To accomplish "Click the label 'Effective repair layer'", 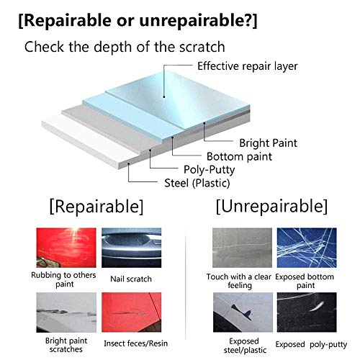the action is [248, 66].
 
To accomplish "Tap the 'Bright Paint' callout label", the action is [269, 143].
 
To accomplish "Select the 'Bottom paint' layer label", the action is [239, 156].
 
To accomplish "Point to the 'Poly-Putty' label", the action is [209, 170].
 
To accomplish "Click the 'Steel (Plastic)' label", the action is [197, 183].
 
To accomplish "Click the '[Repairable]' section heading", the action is [96, 206].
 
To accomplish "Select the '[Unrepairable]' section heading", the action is [271, 206].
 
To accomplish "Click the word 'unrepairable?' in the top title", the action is [198, 21].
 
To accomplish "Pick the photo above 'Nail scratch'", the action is [132, 248].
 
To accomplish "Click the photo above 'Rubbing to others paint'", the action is [66, 248].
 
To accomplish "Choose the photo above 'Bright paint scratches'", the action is [66, 312].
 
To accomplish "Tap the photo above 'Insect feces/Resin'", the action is [132, 312].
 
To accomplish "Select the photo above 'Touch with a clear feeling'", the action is [243, 248].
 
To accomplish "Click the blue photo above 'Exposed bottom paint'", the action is [307, 248].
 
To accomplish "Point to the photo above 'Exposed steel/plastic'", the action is [243, 312].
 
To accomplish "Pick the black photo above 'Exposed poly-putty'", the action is [307, 312].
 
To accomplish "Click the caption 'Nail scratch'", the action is [131, 279].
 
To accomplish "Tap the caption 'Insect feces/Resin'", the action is [135, 343].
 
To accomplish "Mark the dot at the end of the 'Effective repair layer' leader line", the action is [164, 96].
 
